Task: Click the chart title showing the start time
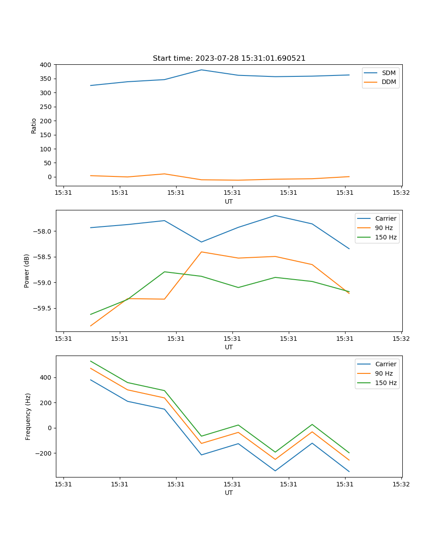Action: tap(229, 59)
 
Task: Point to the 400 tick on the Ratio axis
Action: tap(46, 65)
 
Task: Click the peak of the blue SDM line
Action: tap(201, 70)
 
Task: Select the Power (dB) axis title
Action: tap(27, 271)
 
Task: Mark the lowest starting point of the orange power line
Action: tap(91, 326)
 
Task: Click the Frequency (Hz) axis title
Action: tap(28, 416)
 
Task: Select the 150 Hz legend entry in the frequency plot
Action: tap(386, 383)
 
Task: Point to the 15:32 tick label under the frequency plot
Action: tap(401, 484)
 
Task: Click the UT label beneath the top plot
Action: tap(229, 201)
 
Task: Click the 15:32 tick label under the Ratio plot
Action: tap(401, 193)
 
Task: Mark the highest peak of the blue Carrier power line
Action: tap(275, 215)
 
